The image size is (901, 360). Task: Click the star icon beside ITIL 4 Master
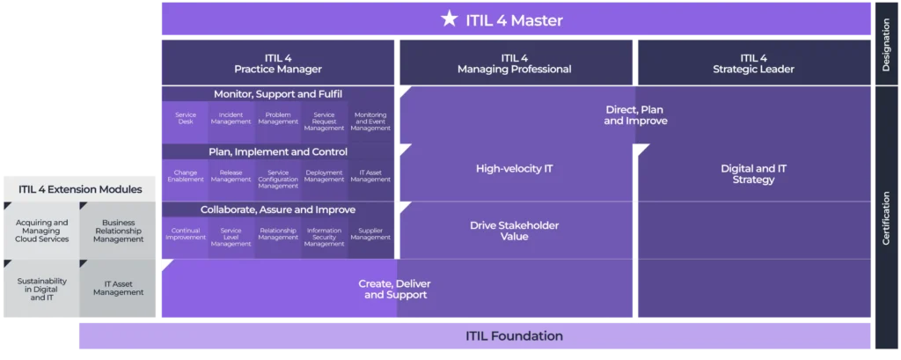pos(449,18)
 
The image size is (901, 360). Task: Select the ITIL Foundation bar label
pos(514,336)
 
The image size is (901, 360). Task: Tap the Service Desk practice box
pos(186,122)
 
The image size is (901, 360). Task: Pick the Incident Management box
pos(231,122)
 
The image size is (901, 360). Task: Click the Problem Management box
pos(278,122)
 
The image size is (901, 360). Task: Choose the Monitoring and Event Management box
pos(370,122)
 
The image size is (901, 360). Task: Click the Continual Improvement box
pos(186,236)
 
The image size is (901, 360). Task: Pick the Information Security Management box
pos(324,236)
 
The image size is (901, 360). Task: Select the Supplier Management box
pos(370,236)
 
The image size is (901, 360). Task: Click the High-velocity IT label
pos(514,169)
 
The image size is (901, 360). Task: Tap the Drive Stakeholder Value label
pos(514,231)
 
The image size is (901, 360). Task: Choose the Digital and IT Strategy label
pos(753,173)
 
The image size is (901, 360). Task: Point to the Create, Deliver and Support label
pos(396,289)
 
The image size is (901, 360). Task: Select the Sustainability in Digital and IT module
pos(41,288)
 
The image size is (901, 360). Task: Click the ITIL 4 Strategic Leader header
pos(753,63)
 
